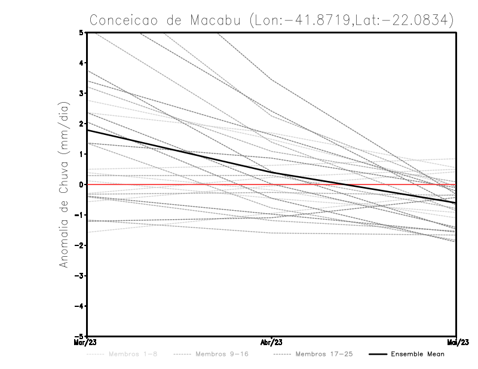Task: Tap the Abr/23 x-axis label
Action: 271,343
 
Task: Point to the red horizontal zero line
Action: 358,184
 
